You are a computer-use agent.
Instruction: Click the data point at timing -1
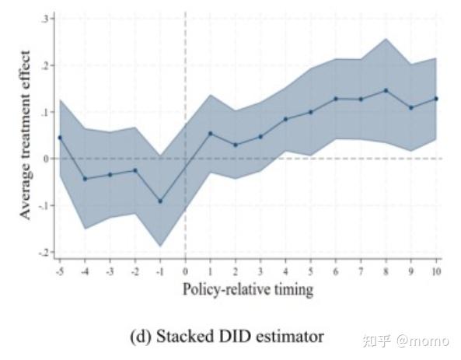coord(160,201)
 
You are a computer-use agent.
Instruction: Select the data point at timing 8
coord(386,90)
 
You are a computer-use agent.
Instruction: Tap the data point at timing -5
coord(60,138)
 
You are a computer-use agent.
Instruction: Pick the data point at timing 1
coord(210,133)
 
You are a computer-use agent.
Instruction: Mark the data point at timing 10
coord(436,99)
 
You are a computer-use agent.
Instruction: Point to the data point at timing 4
coord(285,119)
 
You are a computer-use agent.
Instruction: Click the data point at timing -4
coord(85,179)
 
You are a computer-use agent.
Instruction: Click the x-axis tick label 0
coord(185,271)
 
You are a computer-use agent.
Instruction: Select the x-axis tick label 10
coord(436,271)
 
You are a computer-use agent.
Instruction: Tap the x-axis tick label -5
coord(59,271)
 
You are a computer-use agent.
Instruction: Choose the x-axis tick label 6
coord(336,271)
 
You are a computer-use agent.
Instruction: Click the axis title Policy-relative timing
coord(247,290)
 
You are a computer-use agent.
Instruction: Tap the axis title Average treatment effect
coord(26,135)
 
